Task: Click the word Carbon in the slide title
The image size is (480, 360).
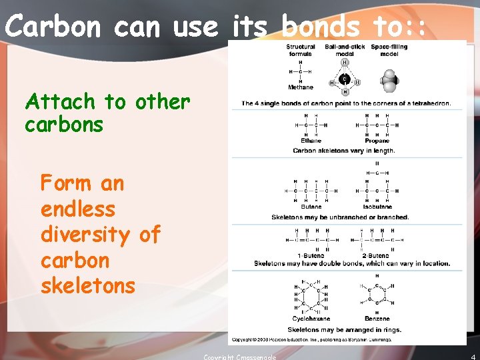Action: pyautogui.click(x=53, y=27)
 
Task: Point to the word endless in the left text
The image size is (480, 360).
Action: pyautogui.click(x=78, y=209)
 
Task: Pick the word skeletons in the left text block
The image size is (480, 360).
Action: pyautogui.click(x=88, y=286)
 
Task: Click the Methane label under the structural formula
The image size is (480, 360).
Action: pyautogui.click(x=301, y=87)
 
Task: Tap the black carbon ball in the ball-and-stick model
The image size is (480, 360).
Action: pyautogui.click(x=345, y=79)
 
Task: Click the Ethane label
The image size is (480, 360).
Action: pyautogui.click(x=311, y=141)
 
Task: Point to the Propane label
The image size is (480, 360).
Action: pyautogui.click(x=377, y=141)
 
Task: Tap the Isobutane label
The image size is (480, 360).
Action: pyautogui.click(x=377, y=207)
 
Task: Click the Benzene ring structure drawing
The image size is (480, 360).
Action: pyautogui.click(x=377, y=294)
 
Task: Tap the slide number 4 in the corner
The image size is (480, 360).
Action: pyautogui.click(x=473, y=355)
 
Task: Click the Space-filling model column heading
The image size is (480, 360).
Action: pyautogui.click(x=390, y=50)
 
